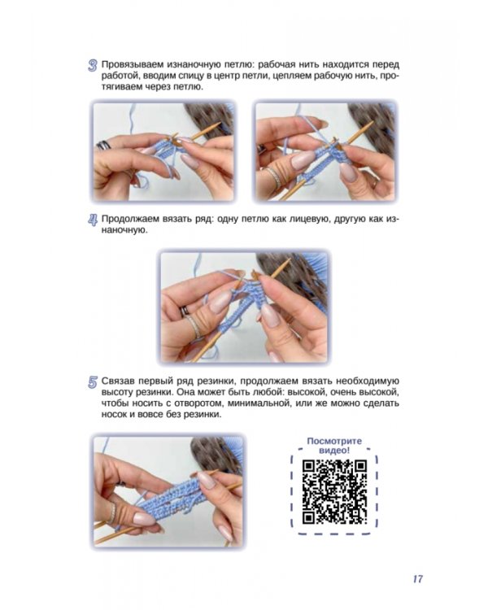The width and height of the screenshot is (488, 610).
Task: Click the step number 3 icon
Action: pos(92,65)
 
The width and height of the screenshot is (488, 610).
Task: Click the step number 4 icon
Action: pos(92,220)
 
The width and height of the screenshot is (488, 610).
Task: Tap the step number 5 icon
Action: pos(92,382)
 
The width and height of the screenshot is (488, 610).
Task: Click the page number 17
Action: pos(417,579)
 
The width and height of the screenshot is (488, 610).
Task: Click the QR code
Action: pos(334,492)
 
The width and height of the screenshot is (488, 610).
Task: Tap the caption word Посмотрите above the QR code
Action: pos(334,441)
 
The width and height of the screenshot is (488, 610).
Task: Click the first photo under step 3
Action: pos(163,152)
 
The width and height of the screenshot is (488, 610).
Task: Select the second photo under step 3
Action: pos(325,152)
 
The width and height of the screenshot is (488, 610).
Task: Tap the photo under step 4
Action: pos(244,307)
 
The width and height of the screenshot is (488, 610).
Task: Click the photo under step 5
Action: pos(168,491)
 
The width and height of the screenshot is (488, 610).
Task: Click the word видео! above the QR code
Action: pos(334,451)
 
